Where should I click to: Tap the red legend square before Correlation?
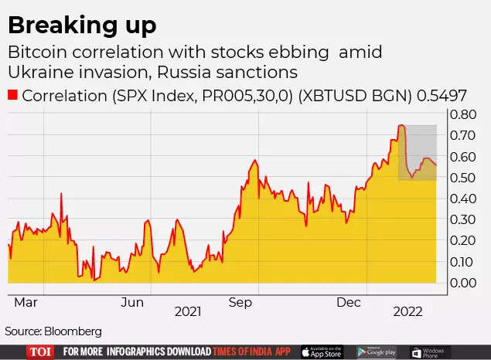12,95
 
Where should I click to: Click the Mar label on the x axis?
26,303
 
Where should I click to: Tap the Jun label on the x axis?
134,303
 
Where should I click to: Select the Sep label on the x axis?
240,303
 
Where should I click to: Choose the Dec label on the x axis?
348,303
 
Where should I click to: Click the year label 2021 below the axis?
188,312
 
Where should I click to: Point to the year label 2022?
407,312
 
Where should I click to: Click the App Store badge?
322,352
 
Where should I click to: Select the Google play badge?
377,352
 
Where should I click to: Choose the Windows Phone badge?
431,352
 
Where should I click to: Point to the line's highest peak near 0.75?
401,125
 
